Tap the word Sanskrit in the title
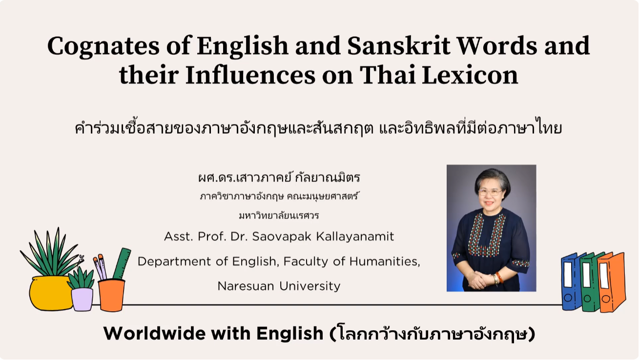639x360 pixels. [399, 45]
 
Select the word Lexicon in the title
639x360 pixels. [470, 75]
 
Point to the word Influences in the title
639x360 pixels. [250, 75]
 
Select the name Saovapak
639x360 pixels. [281, 237]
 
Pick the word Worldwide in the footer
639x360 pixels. [154, 333]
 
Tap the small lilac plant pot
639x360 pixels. [82, 300]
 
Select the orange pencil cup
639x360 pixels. [111, 296]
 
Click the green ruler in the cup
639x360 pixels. [122, 263]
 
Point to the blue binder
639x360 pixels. [571, 281]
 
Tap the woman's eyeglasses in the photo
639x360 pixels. [490, 192]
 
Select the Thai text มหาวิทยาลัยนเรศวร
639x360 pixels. [279, 216]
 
